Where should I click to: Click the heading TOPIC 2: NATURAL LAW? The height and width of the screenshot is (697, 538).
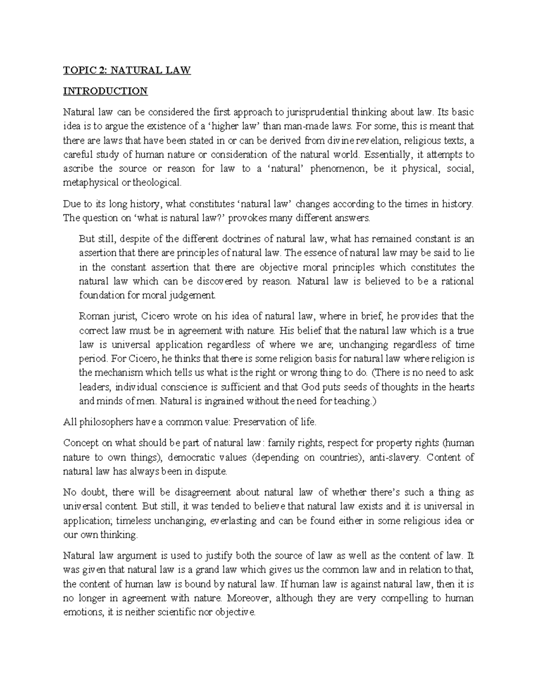click(x=127, y=70)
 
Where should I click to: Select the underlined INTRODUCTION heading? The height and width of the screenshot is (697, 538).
click(x=105, y=91)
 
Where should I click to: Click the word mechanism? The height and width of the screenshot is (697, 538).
click(x=118, y=373)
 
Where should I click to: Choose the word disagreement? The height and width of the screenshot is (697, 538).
click(x=201, y=493)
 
